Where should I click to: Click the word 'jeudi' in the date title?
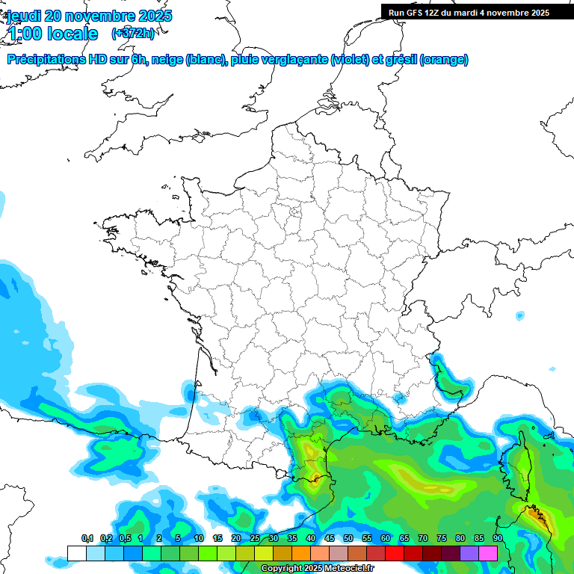(25, 16)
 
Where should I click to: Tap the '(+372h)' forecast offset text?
(133, 34)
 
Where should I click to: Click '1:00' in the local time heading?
(24, 34)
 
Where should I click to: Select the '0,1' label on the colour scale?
(87, 539)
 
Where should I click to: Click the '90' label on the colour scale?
(497, 539)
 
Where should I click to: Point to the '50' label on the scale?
(348, 539)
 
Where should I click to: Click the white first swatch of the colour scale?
(77, 553)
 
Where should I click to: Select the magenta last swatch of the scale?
(488, 553)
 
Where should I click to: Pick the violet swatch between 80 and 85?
(469, 553)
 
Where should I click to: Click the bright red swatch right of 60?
(395, 553)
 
